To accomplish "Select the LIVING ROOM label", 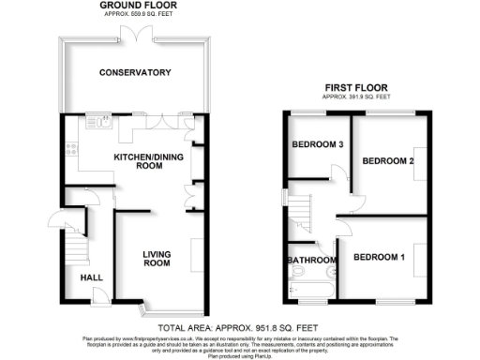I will [157, 259].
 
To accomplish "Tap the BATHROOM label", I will [311, 260].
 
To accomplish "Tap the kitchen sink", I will [100, 120].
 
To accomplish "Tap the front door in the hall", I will [97, 298].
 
